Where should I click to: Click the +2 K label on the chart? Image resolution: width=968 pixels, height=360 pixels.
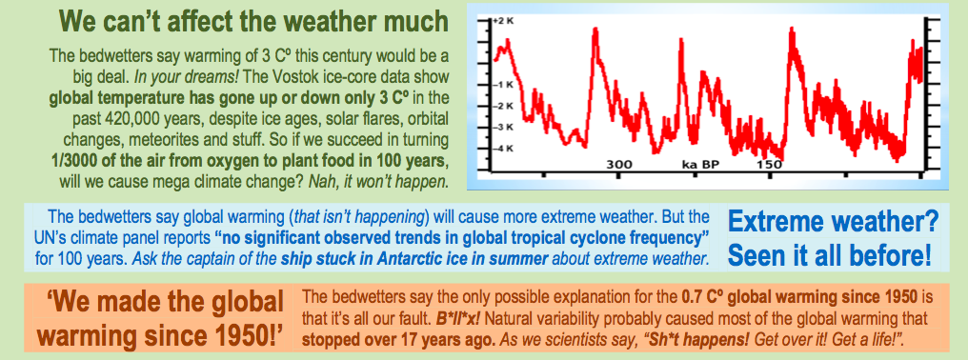pyautogui.click(x=504, y=21)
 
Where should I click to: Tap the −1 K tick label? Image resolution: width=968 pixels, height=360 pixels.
pyautogui.click(x=504, y=85)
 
